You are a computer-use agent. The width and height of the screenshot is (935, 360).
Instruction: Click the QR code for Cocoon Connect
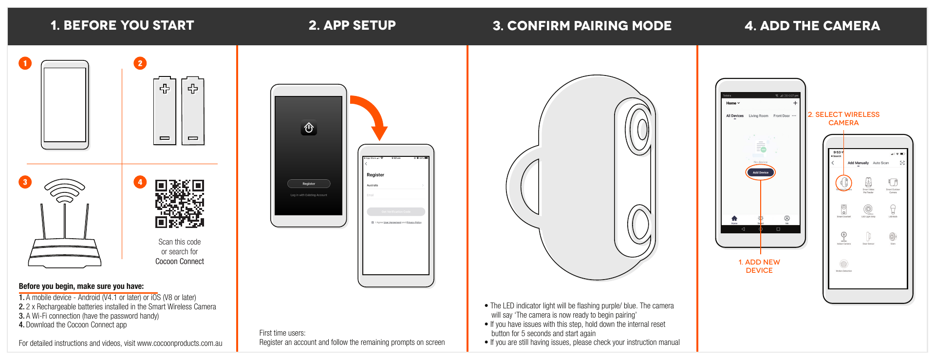179,204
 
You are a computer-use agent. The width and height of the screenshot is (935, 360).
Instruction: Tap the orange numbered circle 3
25,182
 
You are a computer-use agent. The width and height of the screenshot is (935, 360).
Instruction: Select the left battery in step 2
165,111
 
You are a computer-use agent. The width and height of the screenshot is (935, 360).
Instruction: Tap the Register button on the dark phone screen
309,184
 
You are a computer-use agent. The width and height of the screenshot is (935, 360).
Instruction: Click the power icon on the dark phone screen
309,128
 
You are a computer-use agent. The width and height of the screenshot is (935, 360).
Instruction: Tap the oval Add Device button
760,172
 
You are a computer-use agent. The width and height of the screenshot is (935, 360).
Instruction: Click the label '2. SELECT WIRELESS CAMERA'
843,118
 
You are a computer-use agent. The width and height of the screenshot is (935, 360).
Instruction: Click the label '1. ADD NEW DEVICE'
759,266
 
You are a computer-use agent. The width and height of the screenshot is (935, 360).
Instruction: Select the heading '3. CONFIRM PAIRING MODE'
582,26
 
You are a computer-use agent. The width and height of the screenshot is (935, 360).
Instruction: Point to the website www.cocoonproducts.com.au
180,343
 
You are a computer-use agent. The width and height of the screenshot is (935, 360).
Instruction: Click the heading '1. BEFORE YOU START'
122,25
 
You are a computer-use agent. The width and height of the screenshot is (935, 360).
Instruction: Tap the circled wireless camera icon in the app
843,183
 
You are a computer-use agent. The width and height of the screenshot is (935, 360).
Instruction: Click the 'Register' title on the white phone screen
375,175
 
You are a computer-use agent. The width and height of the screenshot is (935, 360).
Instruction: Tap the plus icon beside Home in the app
795,103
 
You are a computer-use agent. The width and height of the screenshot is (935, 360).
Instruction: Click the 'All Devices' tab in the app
734,116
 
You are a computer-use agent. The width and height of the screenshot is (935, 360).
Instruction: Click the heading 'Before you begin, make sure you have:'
81,286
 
